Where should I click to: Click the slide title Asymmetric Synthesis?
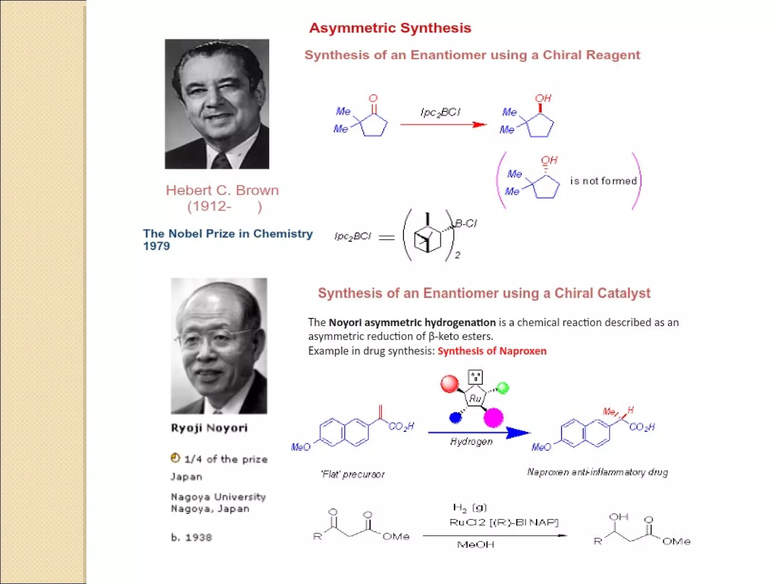coord(390,28)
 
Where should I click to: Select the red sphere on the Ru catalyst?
coord(450,383)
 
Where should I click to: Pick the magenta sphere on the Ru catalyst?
coord(493,417)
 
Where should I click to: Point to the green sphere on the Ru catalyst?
coord(503,388)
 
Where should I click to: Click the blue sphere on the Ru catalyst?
coord(455,417)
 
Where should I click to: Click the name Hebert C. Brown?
coord(222,190)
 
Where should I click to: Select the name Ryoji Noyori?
coord(209,428)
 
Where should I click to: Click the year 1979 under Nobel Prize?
coord(156,246)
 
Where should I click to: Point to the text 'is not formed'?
coord(603,181)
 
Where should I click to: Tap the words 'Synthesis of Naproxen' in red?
coord(492,351)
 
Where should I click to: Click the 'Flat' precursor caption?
coord(353,474)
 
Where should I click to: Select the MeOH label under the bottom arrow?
coord(475,545)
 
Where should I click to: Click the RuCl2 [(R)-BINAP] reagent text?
coord(504,522)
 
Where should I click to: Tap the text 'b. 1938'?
coord(191,537)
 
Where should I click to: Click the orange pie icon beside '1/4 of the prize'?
coord(175,458)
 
